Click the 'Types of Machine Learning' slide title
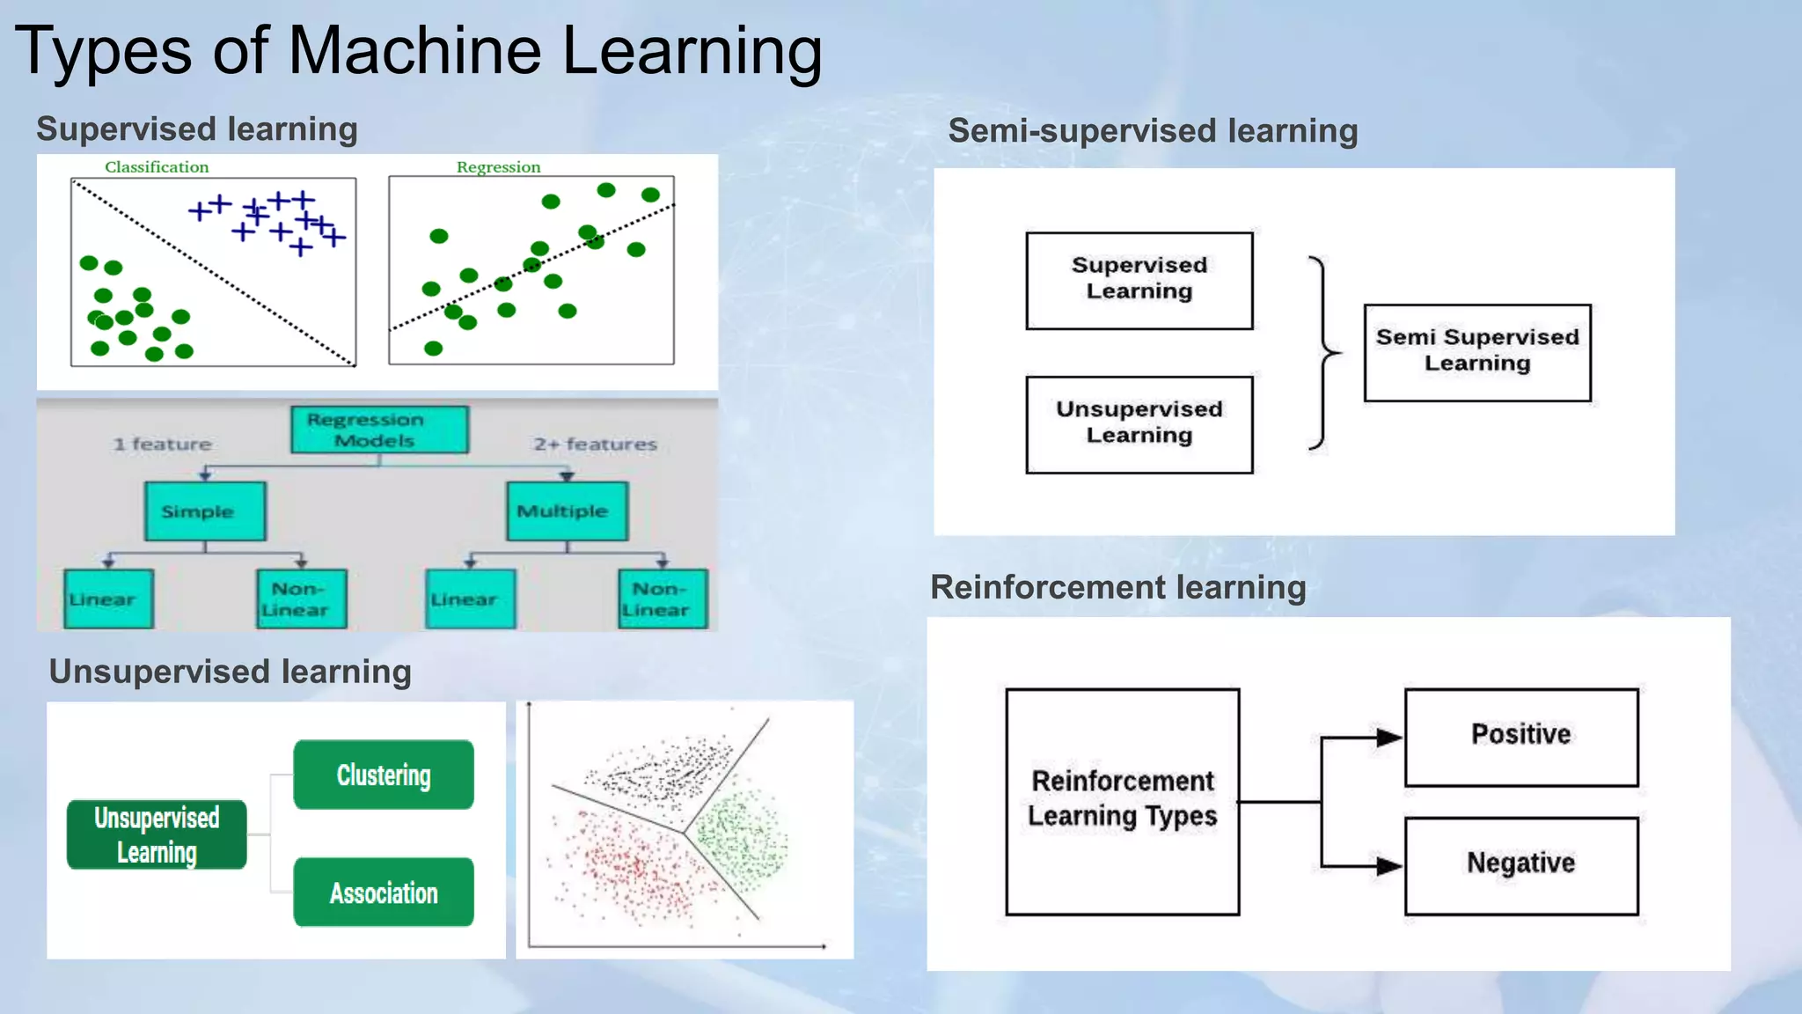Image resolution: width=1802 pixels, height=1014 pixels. pos(418,51)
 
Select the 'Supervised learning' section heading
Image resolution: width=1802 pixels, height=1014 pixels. pos(197,129)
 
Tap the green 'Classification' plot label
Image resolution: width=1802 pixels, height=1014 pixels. pos(157,167)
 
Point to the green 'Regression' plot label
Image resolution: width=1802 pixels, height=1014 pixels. pos(498,167)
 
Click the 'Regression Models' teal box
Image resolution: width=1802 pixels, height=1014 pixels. pos(379,430)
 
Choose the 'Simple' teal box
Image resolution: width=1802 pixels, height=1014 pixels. pos(205,511)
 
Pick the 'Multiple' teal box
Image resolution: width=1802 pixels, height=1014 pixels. pos(567,511)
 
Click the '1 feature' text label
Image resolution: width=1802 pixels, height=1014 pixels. pos(163,445)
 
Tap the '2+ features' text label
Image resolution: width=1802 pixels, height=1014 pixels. pos(595,445)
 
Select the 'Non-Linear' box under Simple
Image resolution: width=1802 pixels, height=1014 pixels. pos(301,599)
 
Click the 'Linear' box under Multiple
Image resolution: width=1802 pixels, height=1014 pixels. pos(470,599)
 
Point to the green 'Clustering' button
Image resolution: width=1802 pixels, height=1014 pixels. pos(384,775)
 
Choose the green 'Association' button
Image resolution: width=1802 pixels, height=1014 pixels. pos(384,893)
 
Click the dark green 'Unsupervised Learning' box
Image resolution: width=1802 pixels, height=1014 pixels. pos(157,834)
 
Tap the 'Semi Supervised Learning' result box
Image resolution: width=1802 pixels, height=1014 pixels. pos(1477,352)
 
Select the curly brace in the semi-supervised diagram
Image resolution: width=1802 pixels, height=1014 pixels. pos(1323,352)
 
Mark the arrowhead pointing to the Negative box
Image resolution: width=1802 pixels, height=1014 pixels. pos(1389,866)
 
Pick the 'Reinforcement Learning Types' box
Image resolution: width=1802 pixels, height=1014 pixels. pos(1123,801)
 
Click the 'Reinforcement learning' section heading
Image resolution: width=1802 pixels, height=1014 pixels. pos(1118,587)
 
